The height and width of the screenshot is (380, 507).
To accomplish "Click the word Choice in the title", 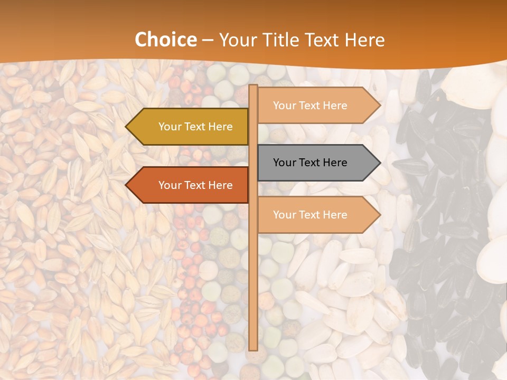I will pyautogui.click(x=165, y=40).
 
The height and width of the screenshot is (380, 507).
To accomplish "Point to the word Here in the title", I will pyautogui.click(x=364, y=40).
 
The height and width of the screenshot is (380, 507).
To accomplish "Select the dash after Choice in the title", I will pyautogui.click(x=208, y=40).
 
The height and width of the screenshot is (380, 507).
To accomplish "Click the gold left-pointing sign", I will pyautogui.click(x=188, y=127).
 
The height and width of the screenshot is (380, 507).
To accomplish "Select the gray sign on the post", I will pyautogui.click(x=317, y=163).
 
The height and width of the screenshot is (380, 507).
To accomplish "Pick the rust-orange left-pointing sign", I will pyautogui.click(x=188, y=185).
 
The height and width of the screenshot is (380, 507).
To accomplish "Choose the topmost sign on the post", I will pyautogui.click(x=317, y=106).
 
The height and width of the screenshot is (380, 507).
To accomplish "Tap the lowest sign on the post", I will pyautogui.click(x=317, y=215).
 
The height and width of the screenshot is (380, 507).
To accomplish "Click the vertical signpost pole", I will pyautogui.click(x=253, y=264).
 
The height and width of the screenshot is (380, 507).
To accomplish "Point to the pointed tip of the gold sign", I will pyautogui.click(x=127, y=127).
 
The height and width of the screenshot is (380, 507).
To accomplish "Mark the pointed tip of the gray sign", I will pyautogui.click(x=379, y=163).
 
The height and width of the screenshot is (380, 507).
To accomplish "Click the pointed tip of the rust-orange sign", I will pyautogui.click(x=127, y=185).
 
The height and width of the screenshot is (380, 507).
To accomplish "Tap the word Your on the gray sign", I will pyautogui.click(x=285, y=163).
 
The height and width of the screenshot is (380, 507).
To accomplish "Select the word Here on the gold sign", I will pyautogui.click(x=220, y=127).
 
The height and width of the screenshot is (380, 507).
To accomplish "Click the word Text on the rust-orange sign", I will pyautogui.click(x=195, y=185).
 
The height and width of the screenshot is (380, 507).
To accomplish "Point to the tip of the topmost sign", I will pyautogui.click(x=379, y=106).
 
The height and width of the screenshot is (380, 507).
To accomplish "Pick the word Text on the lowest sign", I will pyautogui.click(x=309, y=215).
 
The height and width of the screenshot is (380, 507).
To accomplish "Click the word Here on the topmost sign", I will pyautogui.click(x=335, y=106).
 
